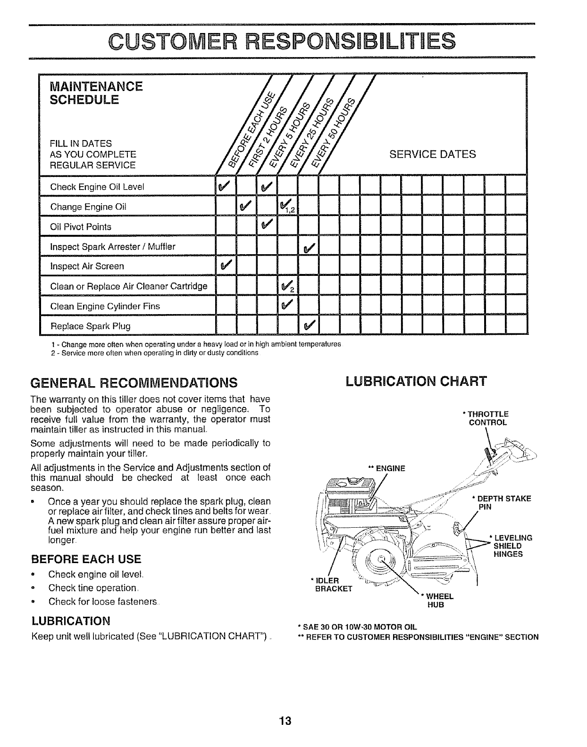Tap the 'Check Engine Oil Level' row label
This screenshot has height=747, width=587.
click(x=97, y=187)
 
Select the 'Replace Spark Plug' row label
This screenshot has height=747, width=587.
click(x=90, y=326)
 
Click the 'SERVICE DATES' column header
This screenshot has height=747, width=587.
click(x=432, y=154)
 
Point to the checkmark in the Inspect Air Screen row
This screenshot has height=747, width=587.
click(x=222, y=267)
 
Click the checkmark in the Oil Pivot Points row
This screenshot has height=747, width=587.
click(x=266, y=227)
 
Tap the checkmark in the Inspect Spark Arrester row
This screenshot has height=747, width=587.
click(x=309, y=247)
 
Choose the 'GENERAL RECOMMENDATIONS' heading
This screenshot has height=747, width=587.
click(x=134, y=381)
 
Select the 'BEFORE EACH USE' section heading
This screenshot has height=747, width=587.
click(x=85, y=559)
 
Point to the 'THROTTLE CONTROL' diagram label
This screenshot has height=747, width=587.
click(x=487, y=418)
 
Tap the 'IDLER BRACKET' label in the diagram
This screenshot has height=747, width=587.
click(x=331, y=584)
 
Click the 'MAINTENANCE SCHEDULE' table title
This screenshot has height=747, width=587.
click(x=96, y=93)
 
